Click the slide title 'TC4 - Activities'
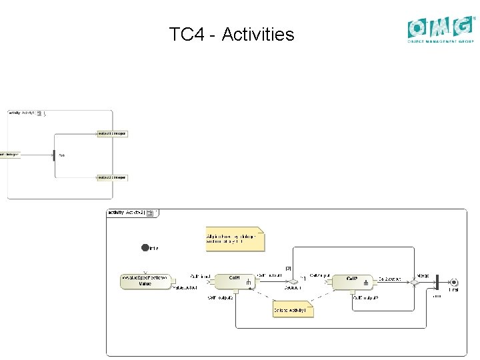pos(231,34)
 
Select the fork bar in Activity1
pos(54,155)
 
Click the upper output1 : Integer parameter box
pos(112,134)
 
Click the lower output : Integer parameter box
pos(112,177)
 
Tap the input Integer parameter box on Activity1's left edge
pos(10,155)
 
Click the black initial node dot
pos(145,248)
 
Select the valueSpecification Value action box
pos(145,281)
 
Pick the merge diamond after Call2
pos(414,282)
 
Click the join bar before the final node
pos(436,282)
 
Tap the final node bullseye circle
pos(454,282)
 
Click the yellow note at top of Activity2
pos(234,239)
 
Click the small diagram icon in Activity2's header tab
pos(150,213)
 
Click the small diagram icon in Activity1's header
pos(39,113)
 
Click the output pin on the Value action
pos(173,282)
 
